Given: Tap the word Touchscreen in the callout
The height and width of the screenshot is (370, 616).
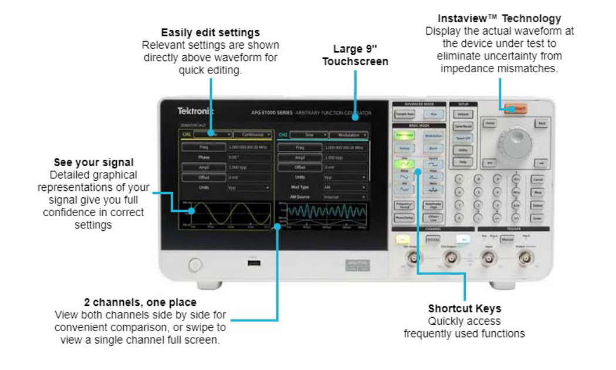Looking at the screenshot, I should click(x=355, y=61).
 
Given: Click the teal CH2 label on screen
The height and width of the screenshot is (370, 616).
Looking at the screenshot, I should click(x=283, y=134).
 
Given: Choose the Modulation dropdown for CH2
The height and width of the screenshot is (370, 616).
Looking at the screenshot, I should click(x=348, y=134).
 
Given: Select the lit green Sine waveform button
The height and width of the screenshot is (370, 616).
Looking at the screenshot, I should click(x=405, y=164).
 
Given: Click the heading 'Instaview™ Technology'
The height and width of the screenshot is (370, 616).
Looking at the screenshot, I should click(x=499, y=19).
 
